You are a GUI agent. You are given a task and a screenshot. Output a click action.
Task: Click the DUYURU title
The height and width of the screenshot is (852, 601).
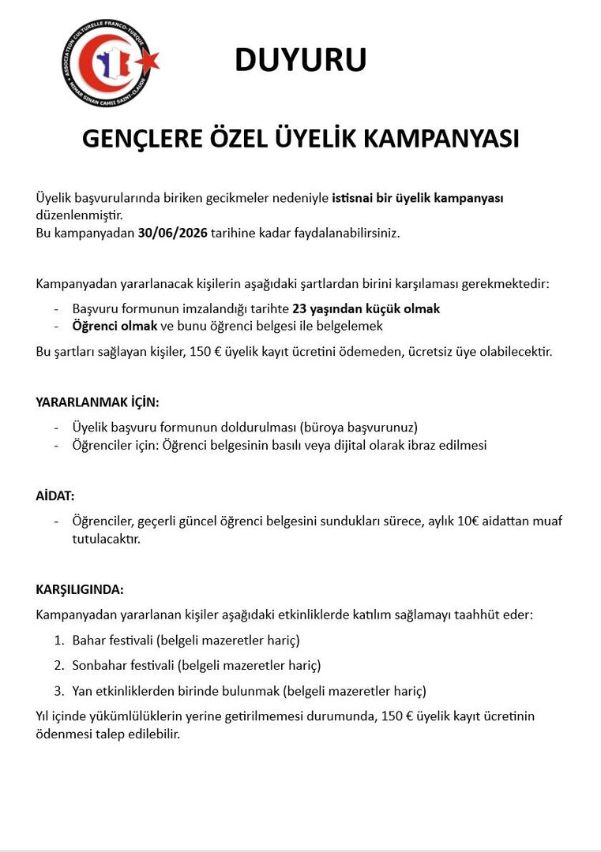coord(300,61)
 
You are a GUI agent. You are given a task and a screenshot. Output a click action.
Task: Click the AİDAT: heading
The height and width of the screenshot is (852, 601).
coord(55,496)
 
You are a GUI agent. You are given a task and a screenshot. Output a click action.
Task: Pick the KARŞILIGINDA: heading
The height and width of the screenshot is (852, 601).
coord(80,590)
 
